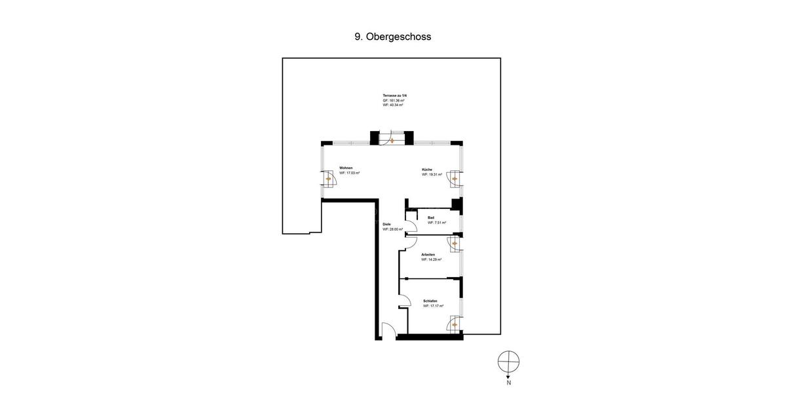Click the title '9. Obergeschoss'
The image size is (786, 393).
(x=393, y=37)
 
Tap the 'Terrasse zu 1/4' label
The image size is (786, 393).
(x=394, y=96)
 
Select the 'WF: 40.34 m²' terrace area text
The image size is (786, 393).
(x=393, y=105)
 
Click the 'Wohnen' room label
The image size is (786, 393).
(x=346, y=168)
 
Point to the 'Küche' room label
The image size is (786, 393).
(x=427, y=170)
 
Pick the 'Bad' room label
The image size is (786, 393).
(x=431, y=217)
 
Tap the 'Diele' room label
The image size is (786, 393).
(x=386, y=224)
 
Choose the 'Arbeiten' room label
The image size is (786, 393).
(x=428, y=254)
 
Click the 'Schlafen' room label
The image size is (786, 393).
(x=430, y=301)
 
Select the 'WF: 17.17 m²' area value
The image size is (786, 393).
(x=433, y=306)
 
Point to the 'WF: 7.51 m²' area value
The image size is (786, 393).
(x=437, y=223)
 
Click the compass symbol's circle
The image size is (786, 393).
(x=508, y=362)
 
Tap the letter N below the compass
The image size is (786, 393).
(x=508, y=383)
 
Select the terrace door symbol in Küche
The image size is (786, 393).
(x=455, y=178)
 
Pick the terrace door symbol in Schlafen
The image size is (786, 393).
(x=455, y=324)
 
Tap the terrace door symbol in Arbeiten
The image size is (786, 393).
(x=455, y=244)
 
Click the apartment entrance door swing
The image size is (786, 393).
(x=388, y=331)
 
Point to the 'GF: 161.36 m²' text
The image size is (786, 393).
(x=394, y=100)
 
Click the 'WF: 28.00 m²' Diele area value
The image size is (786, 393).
(x=392, y=229)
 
